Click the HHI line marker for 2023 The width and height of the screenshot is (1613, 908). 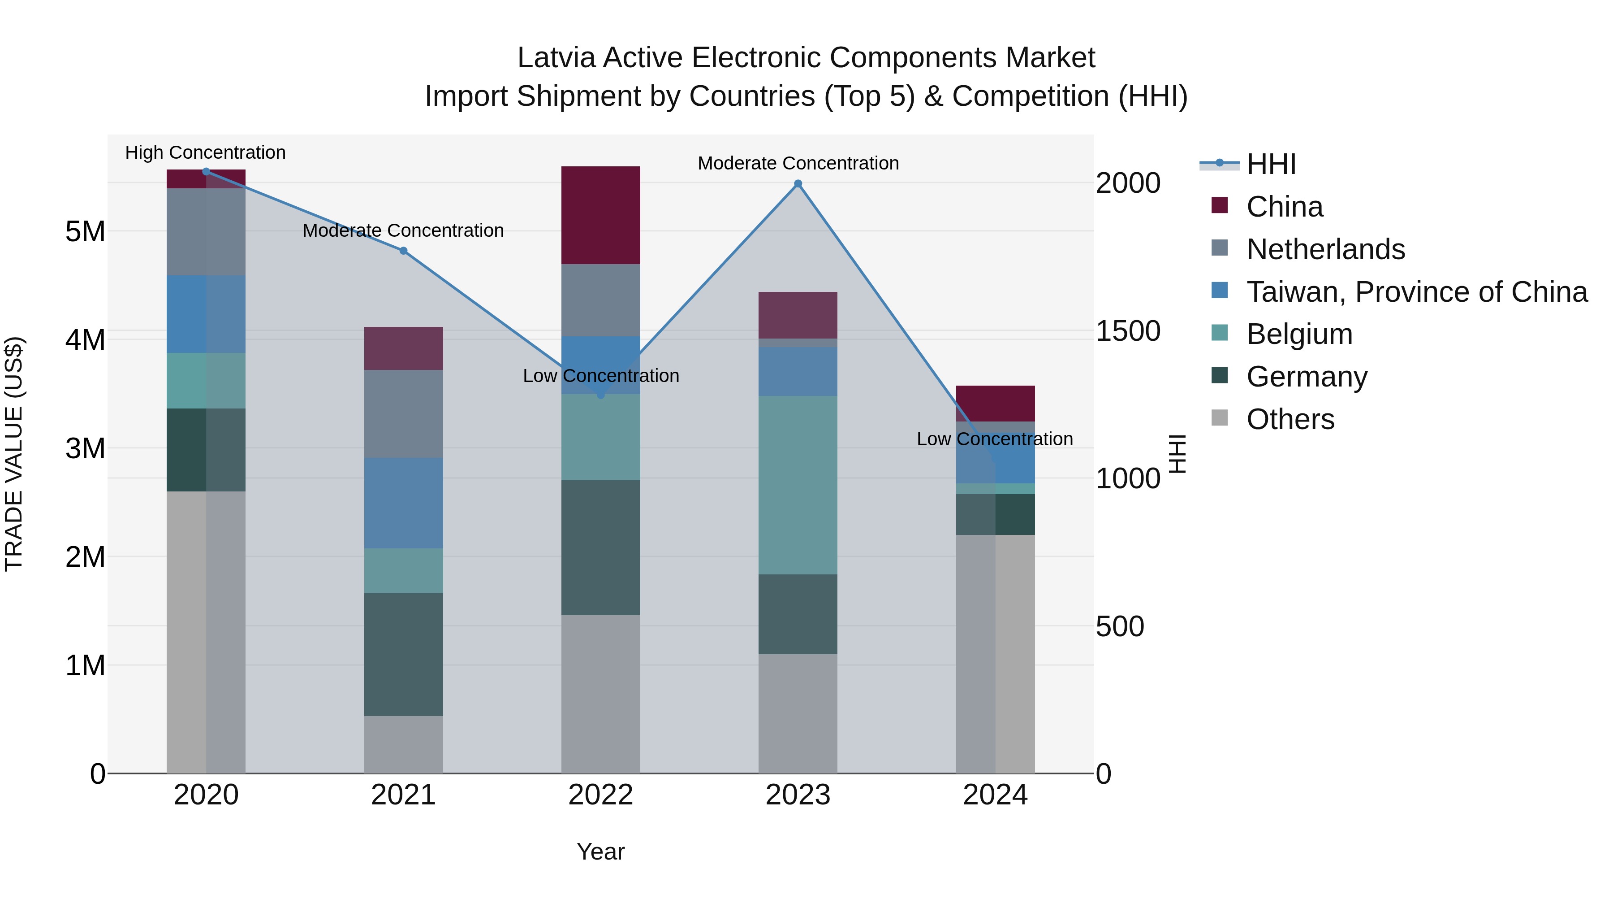[798, 183]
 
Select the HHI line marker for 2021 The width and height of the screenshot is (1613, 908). [403, 251]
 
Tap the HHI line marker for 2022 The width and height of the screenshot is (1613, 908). [600, 395]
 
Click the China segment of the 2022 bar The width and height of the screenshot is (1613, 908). [600, 215]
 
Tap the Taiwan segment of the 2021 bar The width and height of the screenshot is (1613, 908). [403, 503]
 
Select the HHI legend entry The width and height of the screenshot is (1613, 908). [1271, 164]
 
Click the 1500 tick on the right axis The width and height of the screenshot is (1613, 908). [1128, 331]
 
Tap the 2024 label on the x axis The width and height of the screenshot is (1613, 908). [995, 795]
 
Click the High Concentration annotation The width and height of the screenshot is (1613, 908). [205, 152]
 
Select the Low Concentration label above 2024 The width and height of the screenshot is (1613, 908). [994, 439]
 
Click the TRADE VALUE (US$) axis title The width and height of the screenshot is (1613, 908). [14, 454]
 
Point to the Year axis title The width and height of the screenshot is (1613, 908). [600, 852]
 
